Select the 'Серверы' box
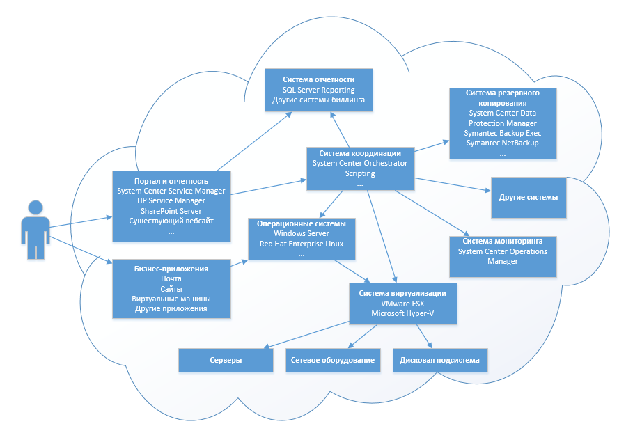[x=226, y=361]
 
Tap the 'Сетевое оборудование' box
[x=334, y=361]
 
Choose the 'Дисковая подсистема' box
[x=439, y=361]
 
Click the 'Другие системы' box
[x=528, y=197]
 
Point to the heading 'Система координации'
[x=360, y=153]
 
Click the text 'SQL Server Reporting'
[x=318, y=90]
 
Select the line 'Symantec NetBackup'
[x=503, y=143]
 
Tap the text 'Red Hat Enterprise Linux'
[x=302, y=244]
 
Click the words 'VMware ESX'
[x=403, y=304]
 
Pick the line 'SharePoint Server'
[x=171, y=210]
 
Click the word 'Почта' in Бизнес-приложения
[x=171, y=278]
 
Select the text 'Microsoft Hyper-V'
[x=403, y=314]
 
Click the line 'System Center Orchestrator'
[x=360, y=163]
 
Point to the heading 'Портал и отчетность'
[x=171, y=180]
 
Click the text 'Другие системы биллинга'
[x=318, y=100]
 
